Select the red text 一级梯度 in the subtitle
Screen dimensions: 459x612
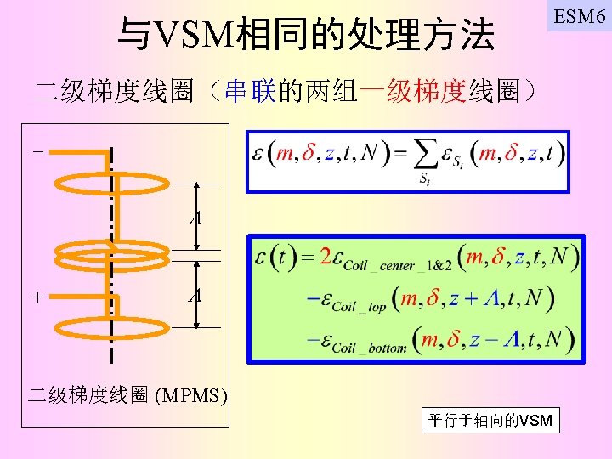tap(414, 91)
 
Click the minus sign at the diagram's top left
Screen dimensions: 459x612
tap(37, 152)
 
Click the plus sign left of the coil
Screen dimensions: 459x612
tap(37, 297)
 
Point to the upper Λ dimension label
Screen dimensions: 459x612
tap(196, 218)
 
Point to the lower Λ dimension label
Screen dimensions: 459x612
tap(196, 296)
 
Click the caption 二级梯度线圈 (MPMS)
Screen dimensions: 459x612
tap(128, 394)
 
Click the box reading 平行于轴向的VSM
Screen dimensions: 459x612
tap(490, 420)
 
